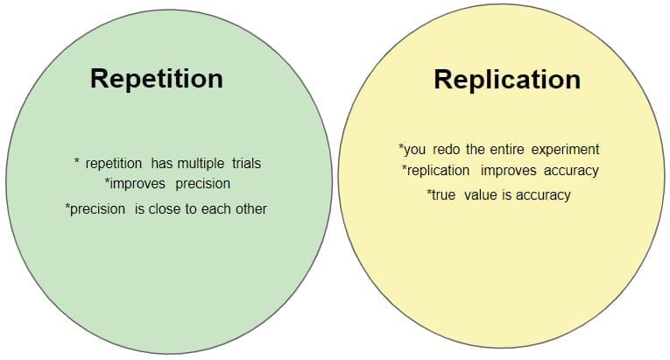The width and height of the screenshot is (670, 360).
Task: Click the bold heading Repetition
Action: click(x=157, y=80)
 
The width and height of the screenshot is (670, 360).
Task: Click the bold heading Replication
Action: click(x=507, y=80)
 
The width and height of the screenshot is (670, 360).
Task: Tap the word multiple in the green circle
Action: click(x=201, y=164)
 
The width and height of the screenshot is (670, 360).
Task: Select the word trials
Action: click(x=247, y=163)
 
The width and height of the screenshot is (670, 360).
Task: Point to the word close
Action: click(x=165, y=209)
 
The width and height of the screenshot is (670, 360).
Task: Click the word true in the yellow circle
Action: click(x=443, y=195)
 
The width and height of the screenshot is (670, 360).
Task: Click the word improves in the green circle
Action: click(x=138, y=184)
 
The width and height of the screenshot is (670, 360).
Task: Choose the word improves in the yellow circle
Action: click(x=509, y=171)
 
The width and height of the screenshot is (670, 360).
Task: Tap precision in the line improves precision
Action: click(x=203, y=184)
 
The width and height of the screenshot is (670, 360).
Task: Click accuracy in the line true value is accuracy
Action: click(x=543, y=196)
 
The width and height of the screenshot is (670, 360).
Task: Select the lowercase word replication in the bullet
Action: click(x=439, y=171)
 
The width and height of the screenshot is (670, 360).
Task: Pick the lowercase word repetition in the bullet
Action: click(x=114, y=164)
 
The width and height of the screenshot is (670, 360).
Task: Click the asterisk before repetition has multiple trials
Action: click(x=77, y=162)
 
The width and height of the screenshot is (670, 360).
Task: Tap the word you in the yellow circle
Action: click(x=414, y=151)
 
